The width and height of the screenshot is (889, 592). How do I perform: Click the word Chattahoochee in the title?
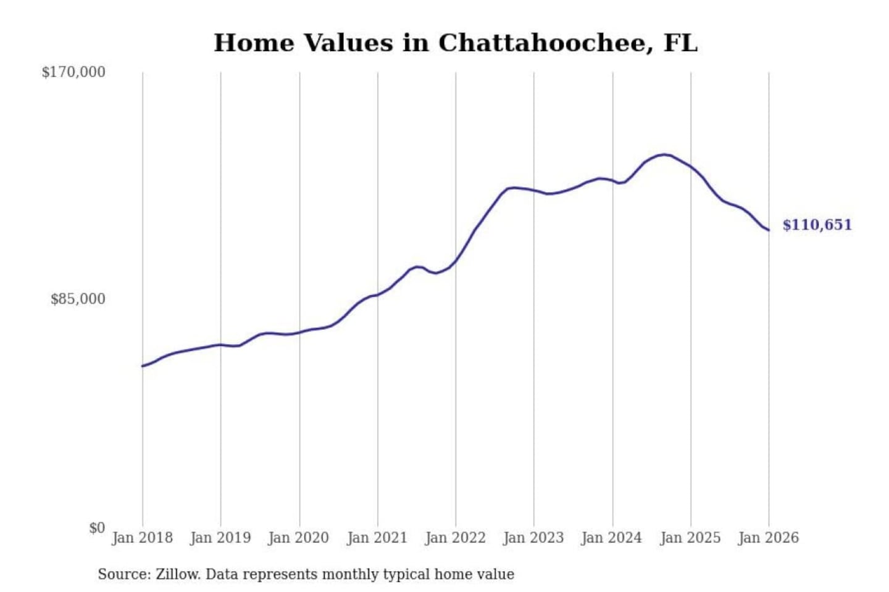tap(543, 43)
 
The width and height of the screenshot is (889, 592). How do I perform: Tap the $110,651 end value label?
tap(817, 224)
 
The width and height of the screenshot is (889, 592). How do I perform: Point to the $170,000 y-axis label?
tap(73, 72)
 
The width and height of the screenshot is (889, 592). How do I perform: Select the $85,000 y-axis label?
tap(78, 299)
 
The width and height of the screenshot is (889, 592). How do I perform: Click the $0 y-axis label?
tap(97, 528)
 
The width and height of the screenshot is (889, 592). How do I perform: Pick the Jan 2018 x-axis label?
tap(142, 538)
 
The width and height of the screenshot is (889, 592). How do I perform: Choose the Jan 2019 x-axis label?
tap(220, 538)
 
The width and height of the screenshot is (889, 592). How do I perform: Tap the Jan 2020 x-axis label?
tap(299, 538)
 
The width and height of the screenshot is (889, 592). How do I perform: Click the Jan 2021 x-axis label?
tap(377, 538)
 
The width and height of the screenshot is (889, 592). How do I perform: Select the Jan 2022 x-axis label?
tap(456, 538)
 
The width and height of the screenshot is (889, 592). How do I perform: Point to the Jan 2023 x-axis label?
tap(533, 538)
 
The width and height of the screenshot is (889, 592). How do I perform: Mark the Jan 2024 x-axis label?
tap(612, 538)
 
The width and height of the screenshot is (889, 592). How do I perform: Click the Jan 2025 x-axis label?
tap(690, 538)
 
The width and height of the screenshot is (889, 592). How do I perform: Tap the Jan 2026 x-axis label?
tap(769, 538)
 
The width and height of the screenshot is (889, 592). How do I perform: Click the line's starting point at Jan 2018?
tap(143, 366)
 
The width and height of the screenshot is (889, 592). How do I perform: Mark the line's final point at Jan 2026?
tap(769, 230)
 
